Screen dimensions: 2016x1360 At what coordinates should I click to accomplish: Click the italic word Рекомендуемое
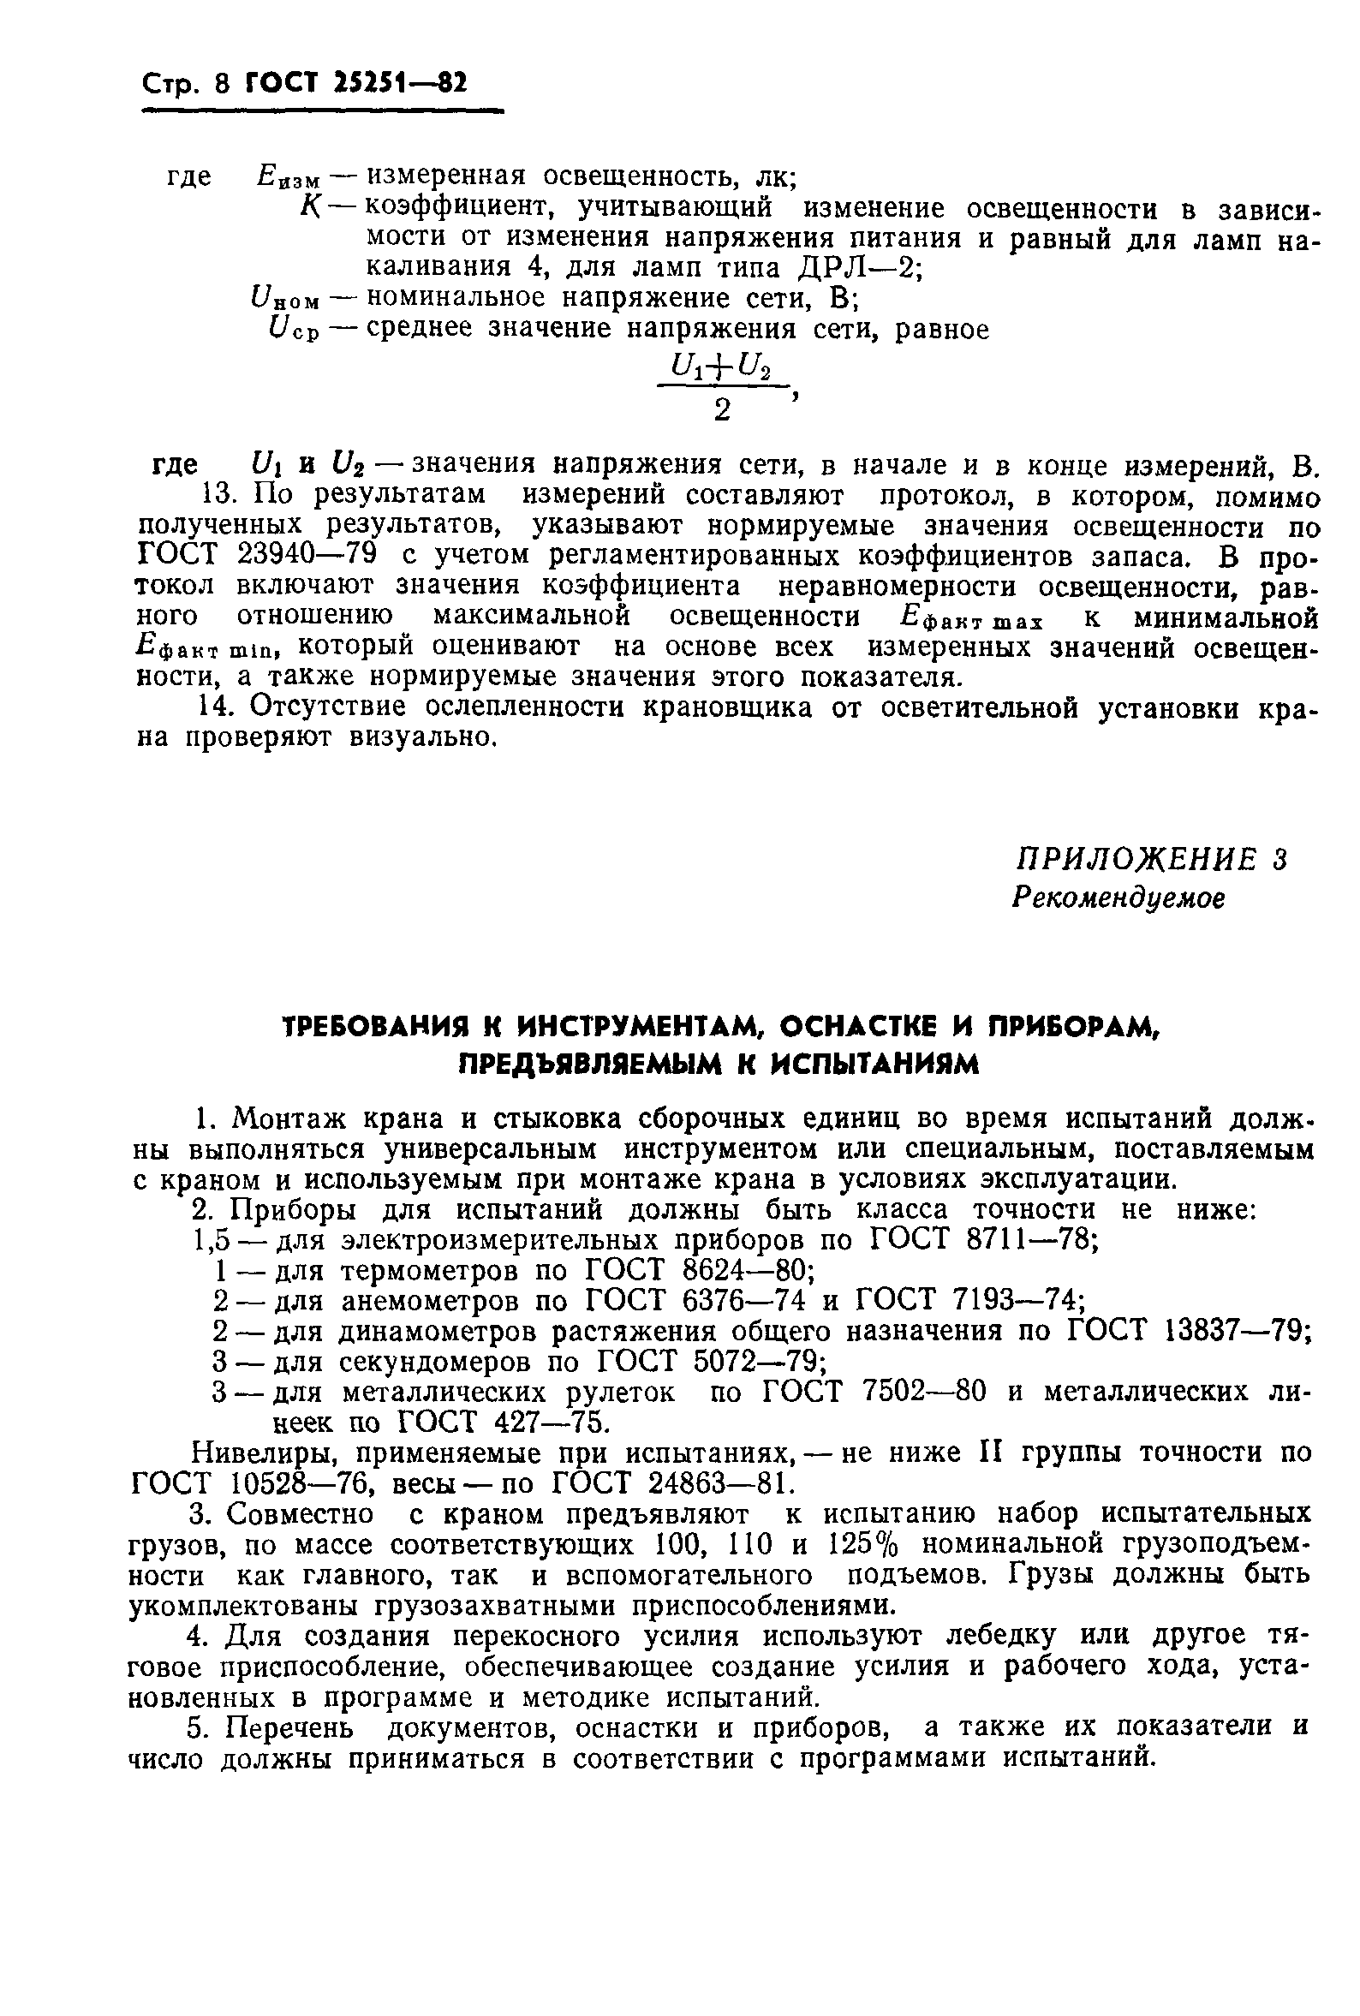point(1118,898)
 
